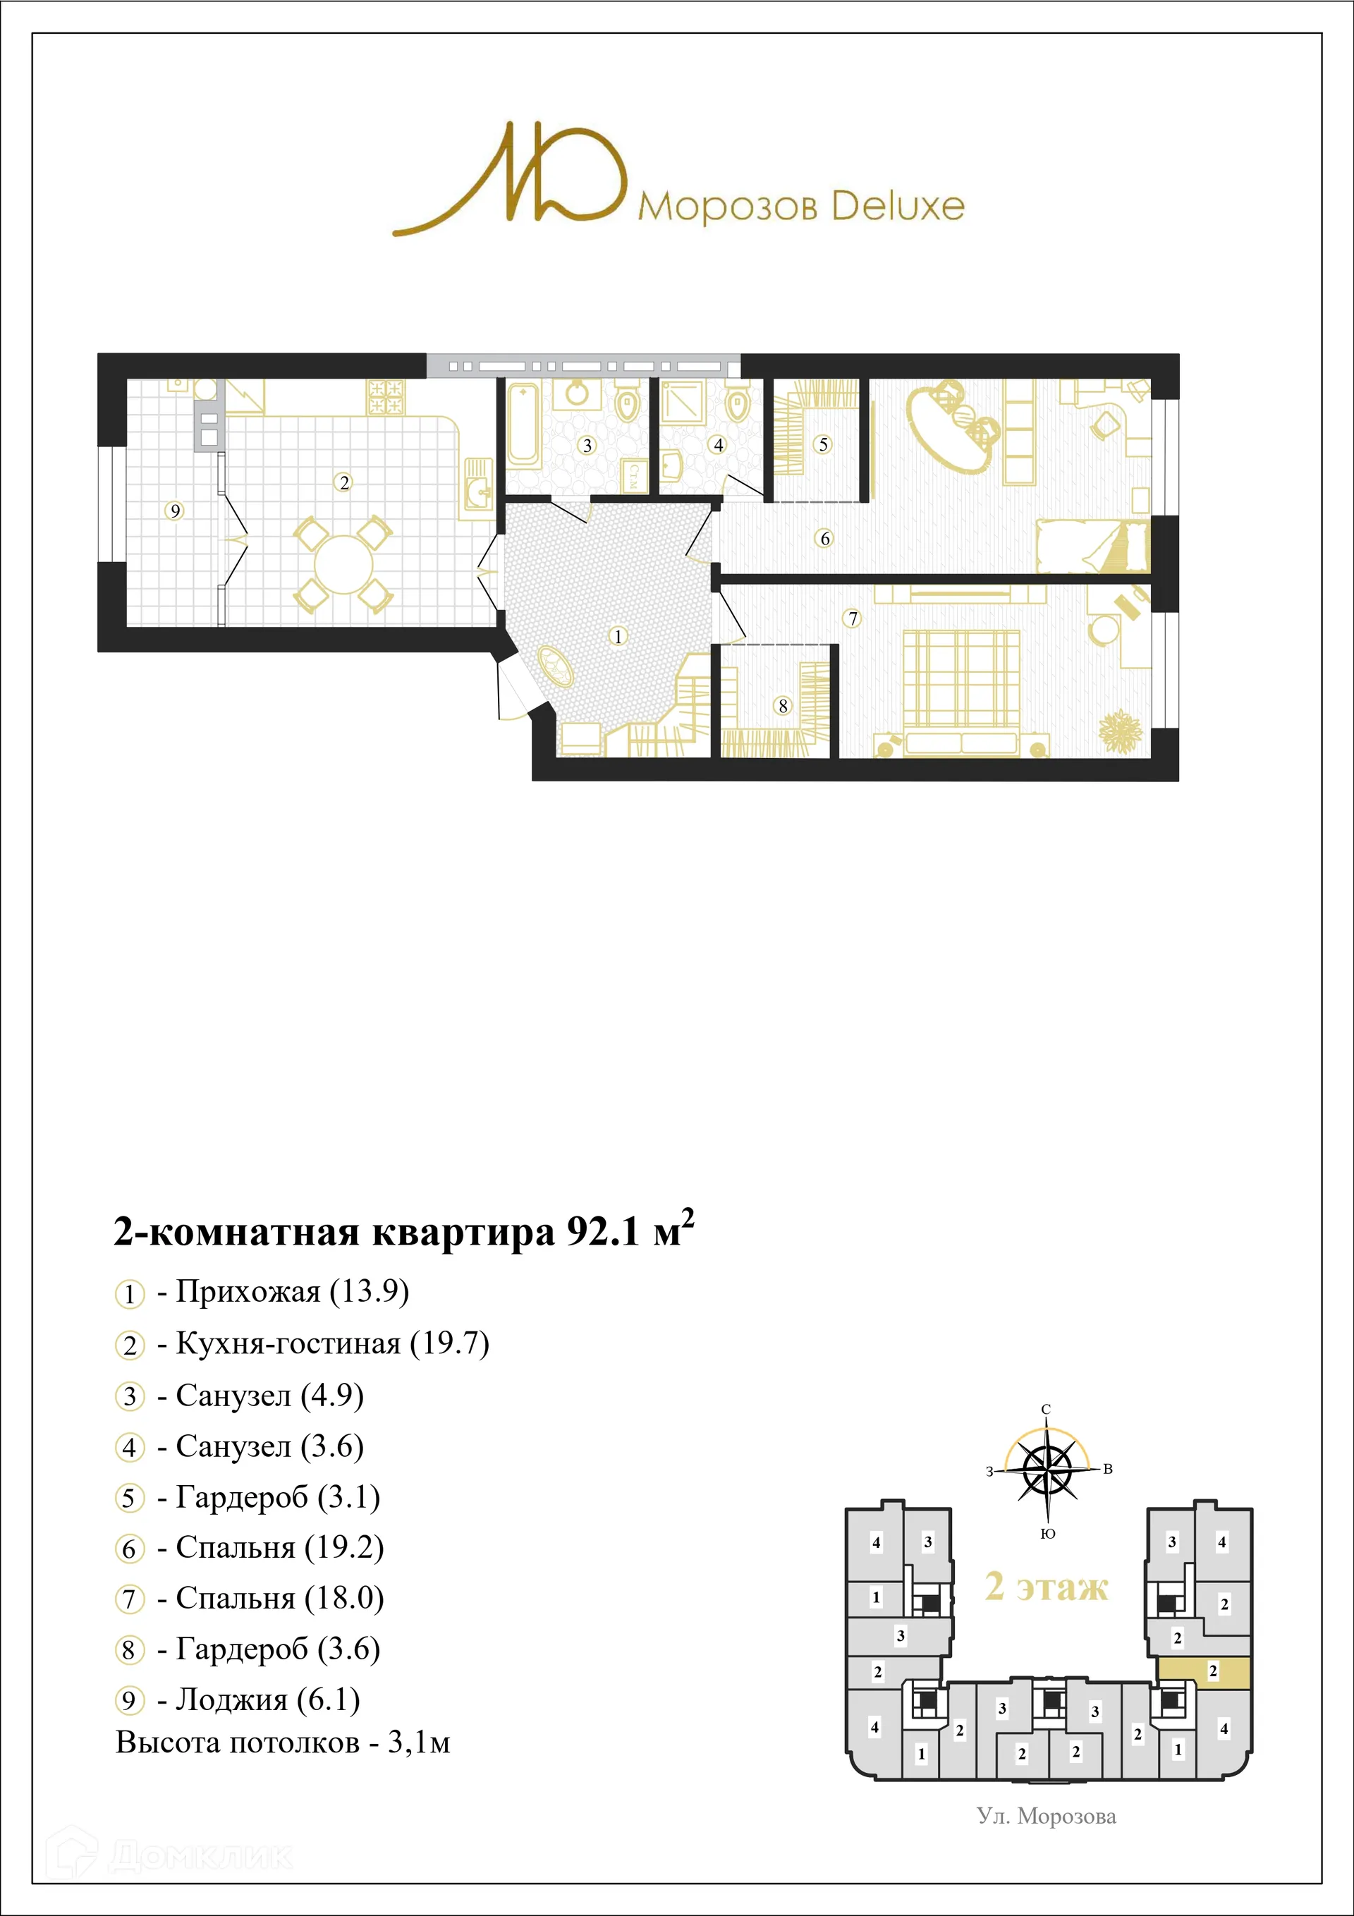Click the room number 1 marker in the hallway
[x=618, y=636]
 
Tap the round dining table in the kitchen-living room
[x=343, y=564]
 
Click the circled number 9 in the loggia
[x=174, y=511]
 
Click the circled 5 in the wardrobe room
[x=823, y=445]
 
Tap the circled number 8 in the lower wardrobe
[x=782, y=706]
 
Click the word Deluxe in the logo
[x=898, y=205]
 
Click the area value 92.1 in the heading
[x=602, y=1232]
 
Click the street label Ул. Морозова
[x=1046, y=1816]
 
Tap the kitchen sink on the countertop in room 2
[x=479, y=493]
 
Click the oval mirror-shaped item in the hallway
[x=555, y=665]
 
